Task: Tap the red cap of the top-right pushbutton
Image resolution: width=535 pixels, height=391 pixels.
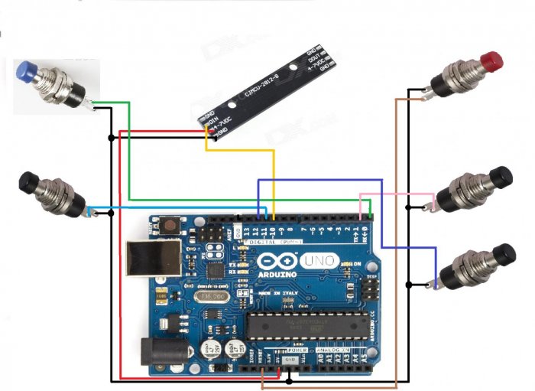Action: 492,59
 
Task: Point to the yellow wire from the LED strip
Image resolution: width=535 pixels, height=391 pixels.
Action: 273,176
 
